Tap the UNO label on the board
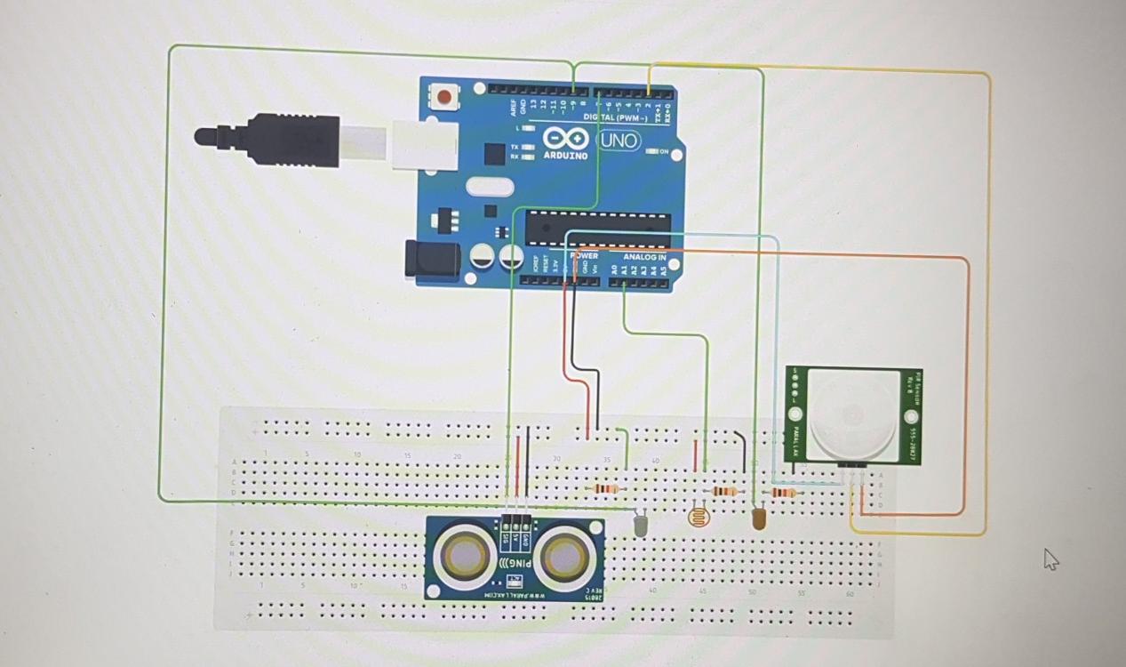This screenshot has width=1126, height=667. click(x=619, y=141)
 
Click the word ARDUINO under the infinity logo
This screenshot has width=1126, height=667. click(x=565, y=156)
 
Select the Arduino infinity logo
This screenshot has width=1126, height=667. click(x=565, y=140)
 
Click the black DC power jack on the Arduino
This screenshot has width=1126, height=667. click(x=432, y=258)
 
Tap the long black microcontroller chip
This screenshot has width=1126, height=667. click(x=596, y=229)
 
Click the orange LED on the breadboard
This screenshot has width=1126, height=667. click(x=759, y=518)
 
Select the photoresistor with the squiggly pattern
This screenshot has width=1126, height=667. click(x=700, y=515)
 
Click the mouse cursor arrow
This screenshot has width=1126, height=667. click(x=1050, y=558)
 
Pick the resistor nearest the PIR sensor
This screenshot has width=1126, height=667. click(x=782, y=492)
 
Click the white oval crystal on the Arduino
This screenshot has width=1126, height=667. click(x=489, y=187)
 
